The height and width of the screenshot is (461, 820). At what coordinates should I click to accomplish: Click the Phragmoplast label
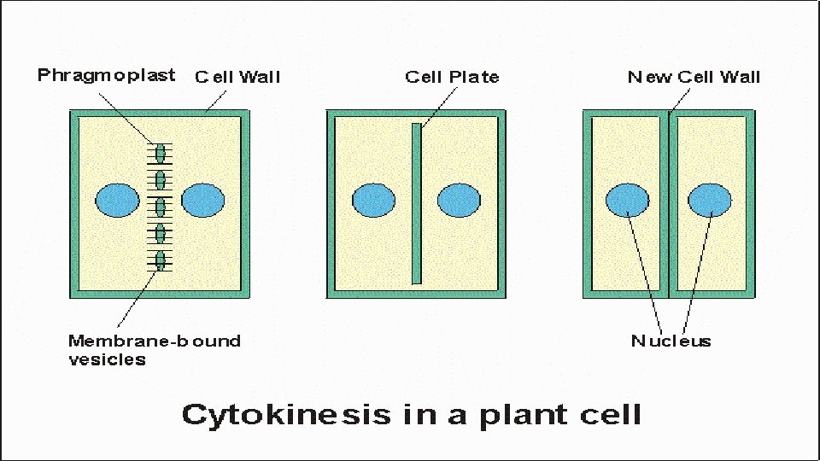point(106,76)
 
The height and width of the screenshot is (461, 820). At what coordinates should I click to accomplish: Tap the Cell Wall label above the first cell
point(237,78)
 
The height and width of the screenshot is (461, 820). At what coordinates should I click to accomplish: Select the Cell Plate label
point(452,78)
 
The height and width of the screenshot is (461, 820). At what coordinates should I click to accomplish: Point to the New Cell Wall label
point(694,78)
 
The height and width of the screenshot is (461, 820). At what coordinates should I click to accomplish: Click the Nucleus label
point(671,341)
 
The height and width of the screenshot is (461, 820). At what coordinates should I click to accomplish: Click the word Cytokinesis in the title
point(285,415)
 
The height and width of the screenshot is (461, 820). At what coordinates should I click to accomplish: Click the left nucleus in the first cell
point(117,200)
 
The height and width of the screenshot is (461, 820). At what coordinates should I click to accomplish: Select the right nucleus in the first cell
point(203,200)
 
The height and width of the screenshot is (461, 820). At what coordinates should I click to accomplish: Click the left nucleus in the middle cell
point(373,201)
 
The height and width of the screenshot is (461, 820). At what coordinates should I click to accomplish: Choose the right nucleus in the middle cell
point(459,201)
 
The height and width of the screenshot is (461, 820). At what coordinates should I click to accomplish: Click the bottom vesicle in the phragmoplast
point(160,260)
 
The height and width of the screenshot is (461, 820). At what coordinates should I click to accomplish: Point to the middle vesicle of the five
point(160,206)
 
